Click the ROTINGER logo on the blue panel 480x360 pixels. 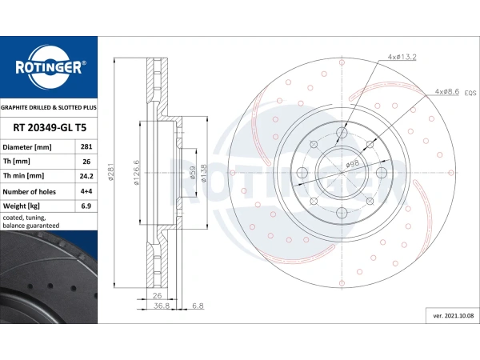49,67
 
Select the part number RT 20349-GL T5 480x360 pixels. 50,128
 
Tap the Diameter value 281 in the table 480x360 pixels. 86,146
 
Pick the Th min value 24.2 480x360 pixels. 86,176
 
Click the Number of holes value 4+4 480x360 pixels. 86,191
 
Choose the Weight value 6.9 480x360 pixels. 86,206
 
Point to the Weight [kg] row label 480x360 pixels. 21,206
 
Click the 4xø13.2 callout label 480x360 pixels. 402,57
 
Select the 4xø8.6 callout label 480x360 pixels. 447,91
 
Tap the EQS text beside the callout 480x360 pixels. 470,93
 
